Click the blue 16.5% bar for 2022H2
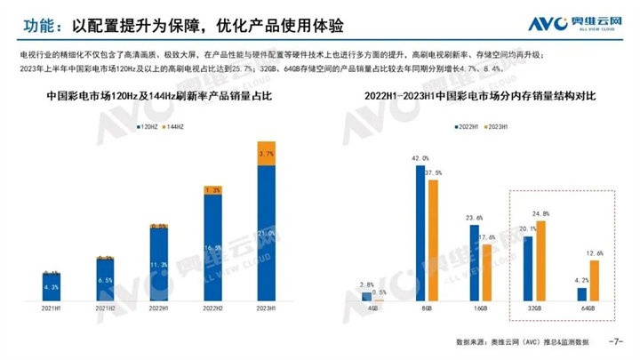coord(212,249)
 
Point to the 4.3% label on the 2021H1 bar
coord(52,286)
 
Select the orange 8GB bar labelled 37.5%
coord(434,239)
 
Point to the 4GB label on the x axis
coord(372,309)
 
